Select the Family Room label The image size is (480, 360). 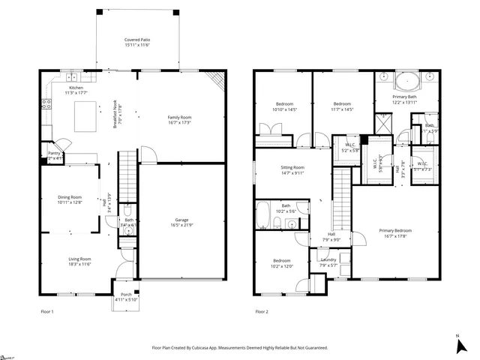coord(179,117)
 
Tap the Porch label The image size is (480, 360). coord(126,295)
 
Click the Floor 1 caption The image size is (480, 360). coord(46,311)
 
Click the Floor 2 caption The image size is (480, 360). coord(262,311)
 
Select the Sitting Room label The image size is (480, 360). coord(292,167)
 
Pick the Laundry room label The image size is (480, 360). coord(328,259)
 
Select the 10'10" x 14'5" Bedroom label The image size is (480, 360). coord(283,103)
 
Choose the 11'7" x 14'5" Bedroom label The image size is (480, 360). coord(342,103)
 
